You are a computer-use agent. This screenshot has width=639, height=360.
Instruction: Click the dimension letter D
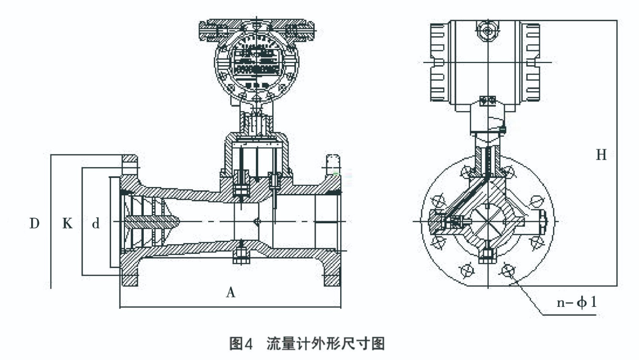click(34, 223)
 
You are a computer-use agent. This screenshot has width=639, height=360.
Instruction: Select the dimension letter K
click(67, 223)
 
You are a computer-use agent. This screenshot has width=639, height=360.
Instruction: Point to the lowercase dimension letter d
click(95, 223)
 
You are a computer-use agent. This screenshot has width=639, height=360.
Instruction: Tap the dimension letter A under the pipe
click(230, 292)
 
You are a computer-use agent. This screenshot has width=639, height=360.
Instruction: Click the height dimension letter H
click(601, 155)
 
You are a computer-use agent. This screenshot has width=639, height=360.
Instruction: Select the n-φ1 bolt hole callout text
click(576, 302)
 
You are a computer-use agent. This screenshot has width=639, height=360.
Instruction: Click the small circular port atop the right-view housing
click(488, 31)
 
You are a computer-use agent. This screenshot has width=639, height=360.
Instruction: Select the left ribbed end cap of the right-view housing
click(438, 62)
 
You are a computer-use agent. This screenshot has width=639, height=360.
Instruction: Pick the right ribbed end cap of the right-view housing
click(533, 62)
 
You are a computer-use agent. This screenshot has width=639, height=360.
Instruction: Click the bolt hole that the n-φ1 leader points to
click(507, 270)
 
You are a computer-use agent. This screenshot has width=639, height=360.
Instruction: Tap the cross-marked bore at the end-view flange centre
click(488, 221)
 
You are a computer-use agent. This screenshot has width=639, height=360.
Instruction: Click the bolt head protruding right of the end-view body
click(542, 221)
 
